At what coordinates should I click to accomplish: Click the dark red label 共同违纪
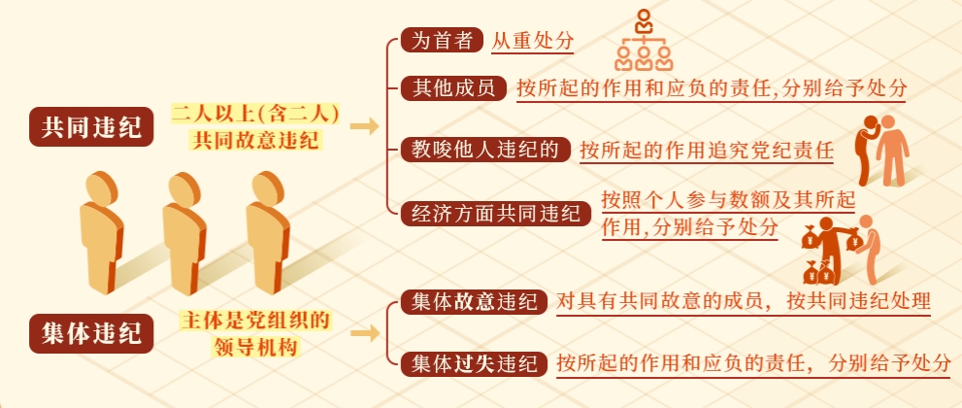click(91, 127)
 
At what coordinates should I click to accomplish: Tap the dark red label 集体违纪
click(91, 334)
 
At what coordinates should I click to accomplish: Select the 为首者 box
click(442, 41)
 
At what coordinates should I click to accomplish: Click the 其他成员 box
click(452, 88)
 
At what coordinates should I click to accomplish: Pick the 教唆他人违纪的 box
click(485, 150)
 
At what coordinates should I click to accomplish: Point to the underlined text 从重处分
click(533, 41)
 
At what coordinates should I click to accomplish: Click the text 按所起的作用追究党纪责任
click(707, 151)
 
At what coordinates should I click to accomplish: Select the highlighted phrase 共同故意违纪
click(255, 141)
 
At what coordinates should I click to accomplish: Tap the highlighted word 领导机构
click(255, 347)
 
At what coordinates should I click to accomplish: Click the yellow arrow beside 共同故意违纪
click(364, 127)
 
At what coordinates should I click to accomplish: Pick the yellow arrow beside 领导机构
click(364, 334)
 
